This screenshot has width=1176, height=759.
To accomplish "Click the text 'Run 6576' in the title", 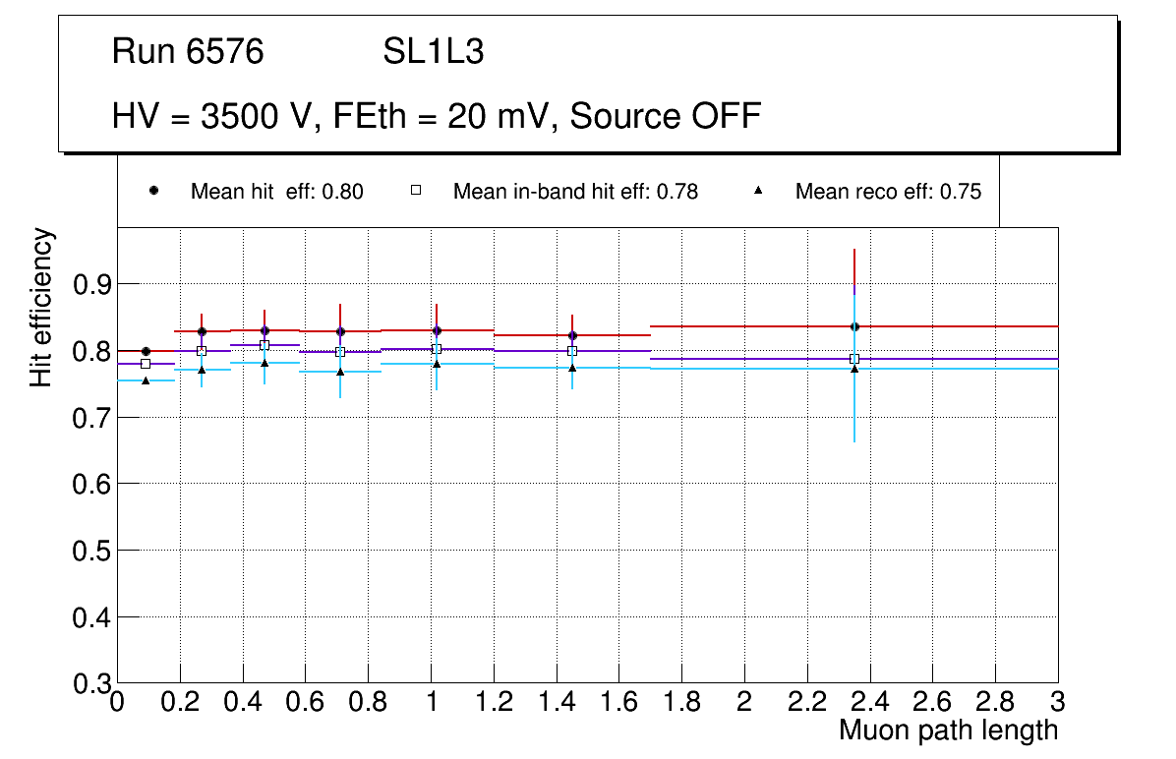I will pos(188,52).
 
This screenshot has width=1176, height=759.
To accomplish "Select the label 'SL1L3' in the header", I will pos(433,52).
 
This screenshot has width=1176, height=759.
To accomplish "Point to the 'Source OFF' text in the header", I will pos(666,116).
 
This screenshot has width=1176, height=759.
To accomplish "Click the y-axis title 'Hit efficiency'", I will pos(41,307).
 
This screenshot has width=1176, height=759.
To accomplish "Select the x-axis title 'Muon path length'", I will pos(948,730).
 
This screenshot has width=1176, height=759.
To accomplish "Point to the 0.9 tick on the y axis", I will pos(91,285).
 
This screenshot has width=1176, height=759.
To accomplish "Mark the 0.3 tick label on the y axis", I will pos(91,684).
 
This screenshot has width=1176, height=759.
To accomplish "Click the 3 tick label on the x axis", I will pos(1058,702).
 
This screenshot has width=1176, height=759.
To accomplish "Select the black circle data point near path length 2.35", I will pos(854,326).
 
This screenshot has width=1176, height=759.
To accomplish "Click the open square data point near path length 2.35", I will pos(854,359).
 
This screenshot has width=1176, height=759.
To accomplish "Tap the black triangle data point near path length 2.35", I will pos(854,369).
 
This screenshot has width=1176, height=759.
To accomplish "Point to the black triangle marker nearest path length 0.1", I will pos(146,380).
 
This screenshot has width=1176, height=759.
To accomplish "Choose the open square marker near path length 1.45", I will pos(572,351).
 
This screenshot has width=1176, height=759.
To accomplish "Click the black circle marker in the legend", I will pos(153,191).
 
